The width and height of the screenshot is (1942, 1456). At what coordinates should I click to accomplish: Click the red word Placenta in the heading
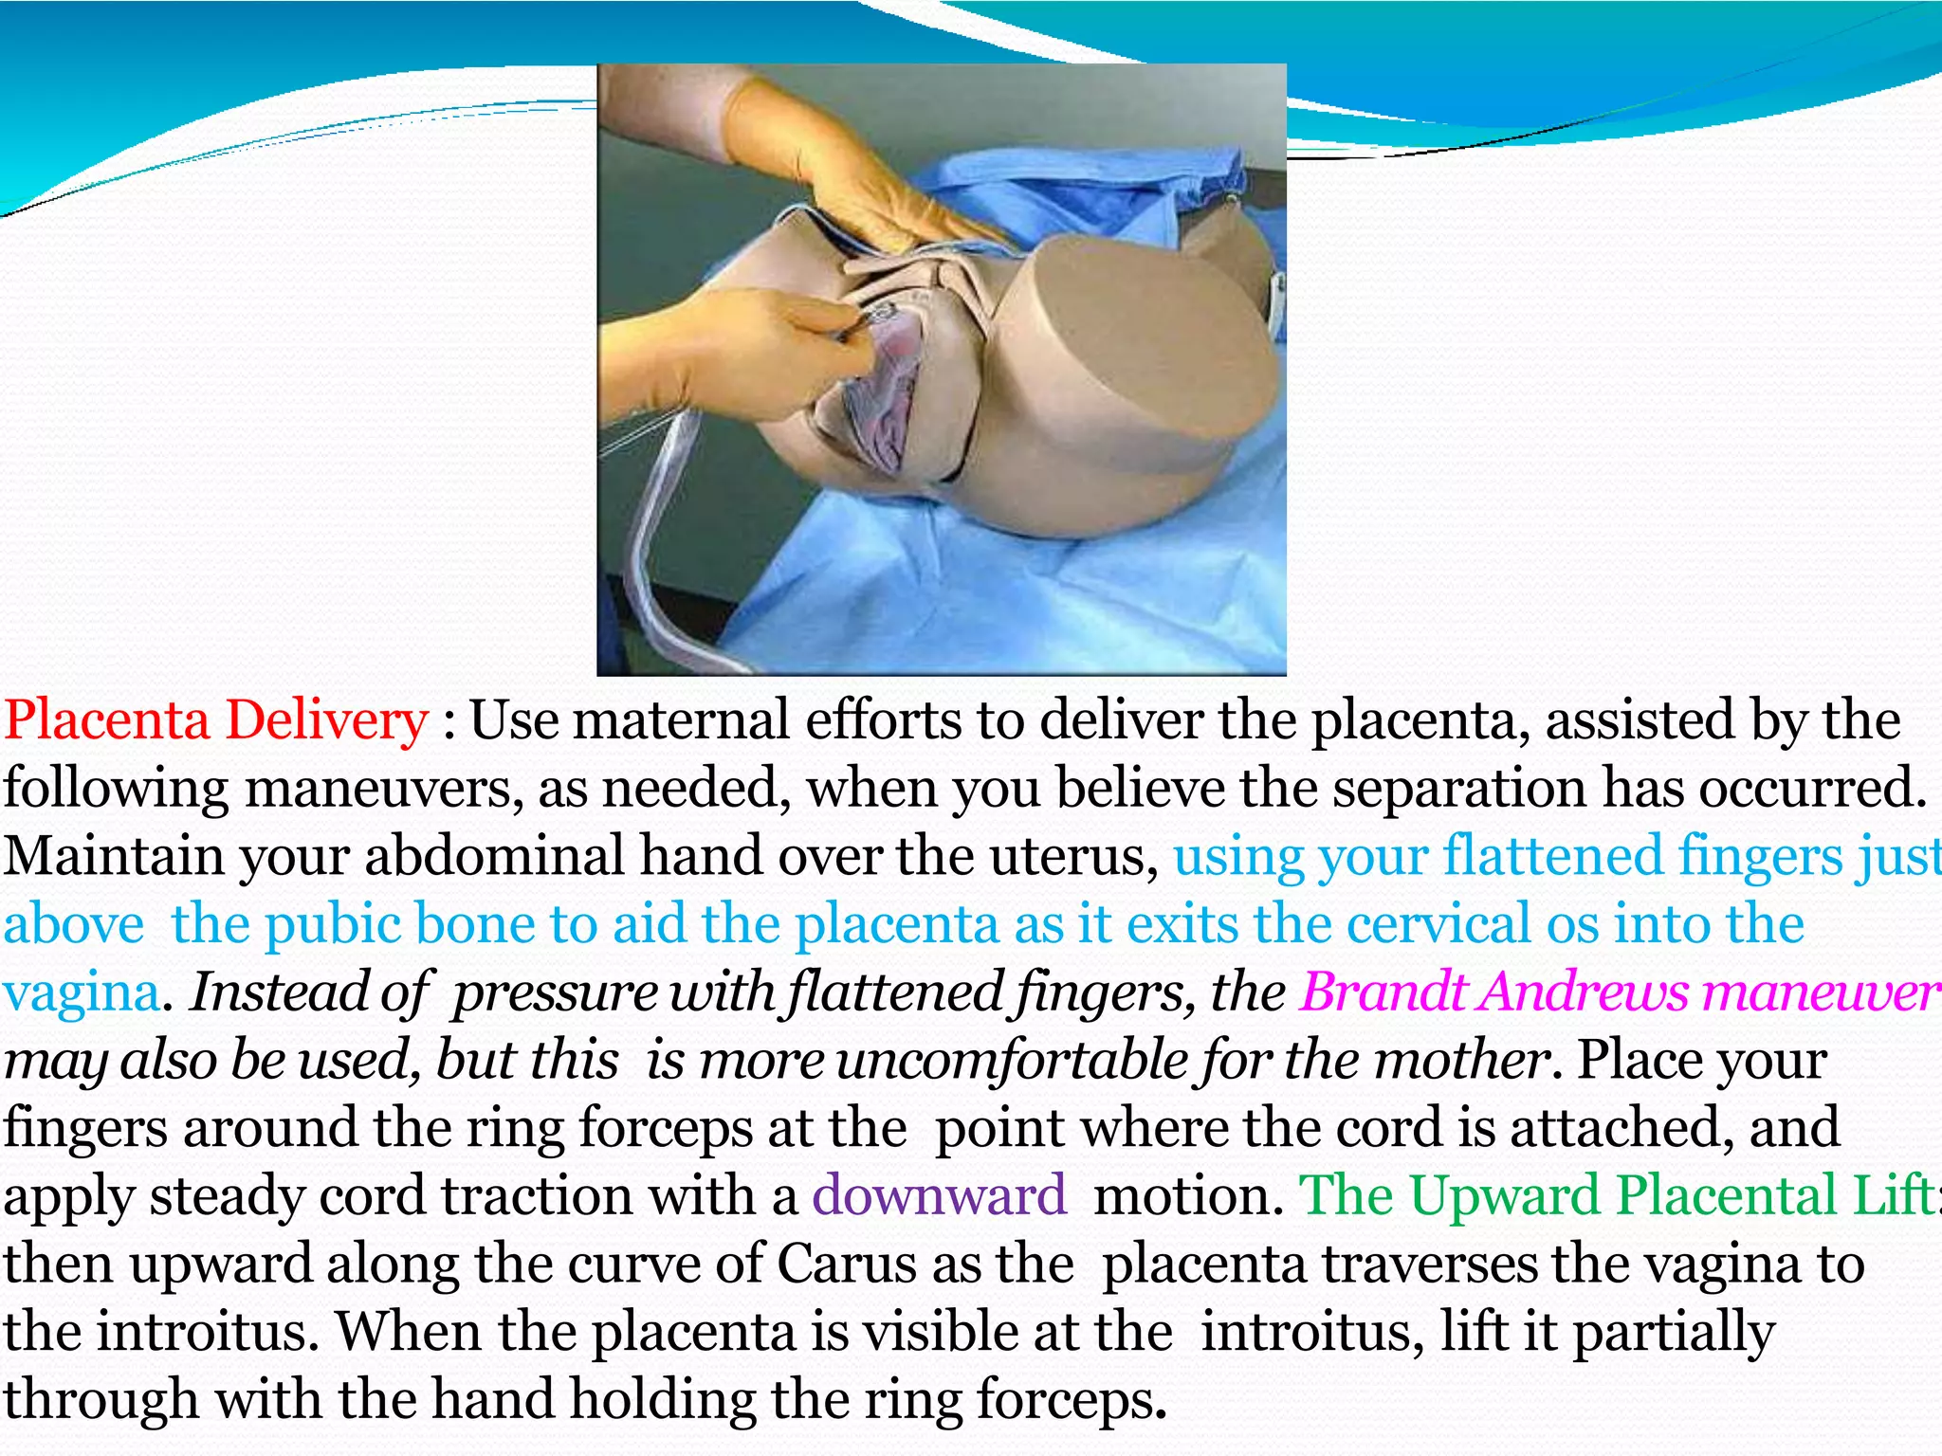[x=106, y=720]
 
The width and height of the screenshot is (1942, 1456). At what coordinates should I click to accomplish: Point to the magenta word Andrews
[x=1585, y=992]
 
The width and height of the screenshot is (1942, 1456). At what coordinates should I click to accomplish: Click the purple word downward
[x=939, y=1195]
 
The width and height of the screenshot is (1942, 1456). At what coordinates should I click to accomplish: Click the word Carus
[x=846, y=1265]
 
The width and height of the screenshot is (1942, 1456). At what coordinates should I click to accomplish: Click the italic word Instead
[x=280, y=992]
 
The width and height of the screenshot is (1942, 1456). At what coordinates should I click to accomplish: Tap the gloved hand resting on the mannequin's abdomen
[x=834, y=171]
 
